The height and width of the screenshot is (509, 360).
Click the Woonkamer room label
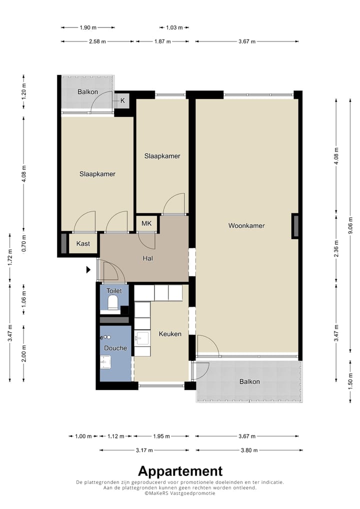tap(246, 225)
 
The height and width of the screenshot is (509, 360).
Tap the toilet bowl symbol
tap(112, 302)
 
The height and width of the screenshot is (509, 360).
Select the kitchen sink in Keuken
tap(142, 338)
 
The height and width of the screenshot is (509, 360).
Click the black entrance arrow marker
tap(88, 269)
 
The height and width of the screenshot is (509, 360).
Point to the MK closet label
tap(146, 223)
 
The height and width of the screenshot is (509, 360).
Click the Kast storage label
tap(83, 244)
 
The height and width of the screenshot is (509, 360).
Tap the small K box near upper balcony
tap(122, 100)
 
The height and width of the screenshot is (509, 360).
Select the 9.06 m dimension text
tap(350, 225)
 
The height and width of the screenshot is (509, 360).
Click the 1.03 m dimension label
tap(174, 27)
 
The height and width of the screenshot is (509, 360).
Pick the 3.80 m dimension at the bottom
tap(249, 450)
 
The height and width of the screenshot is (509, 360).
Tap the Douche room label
tap(115, 348)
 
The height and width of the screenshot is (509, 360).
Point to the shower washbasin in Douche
tap(105, 361)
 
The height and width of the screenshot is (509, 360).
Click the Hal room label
tap(147, 258)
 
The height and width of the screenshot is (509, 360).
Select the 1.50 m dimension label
tap(350, 382)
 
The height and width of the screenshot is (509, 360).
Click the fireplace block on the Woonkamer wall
tap(295, 226)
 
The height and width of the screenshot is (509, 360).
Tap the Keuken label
tap(170, 333)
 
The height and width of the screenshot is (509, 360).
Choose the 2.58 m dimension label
tap(97, 41)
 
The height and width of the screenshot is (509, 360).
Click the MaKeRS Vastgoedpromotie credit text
tap(180, 493)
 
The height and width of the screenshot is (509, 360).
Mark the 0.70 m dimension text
tap(23, 243)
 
